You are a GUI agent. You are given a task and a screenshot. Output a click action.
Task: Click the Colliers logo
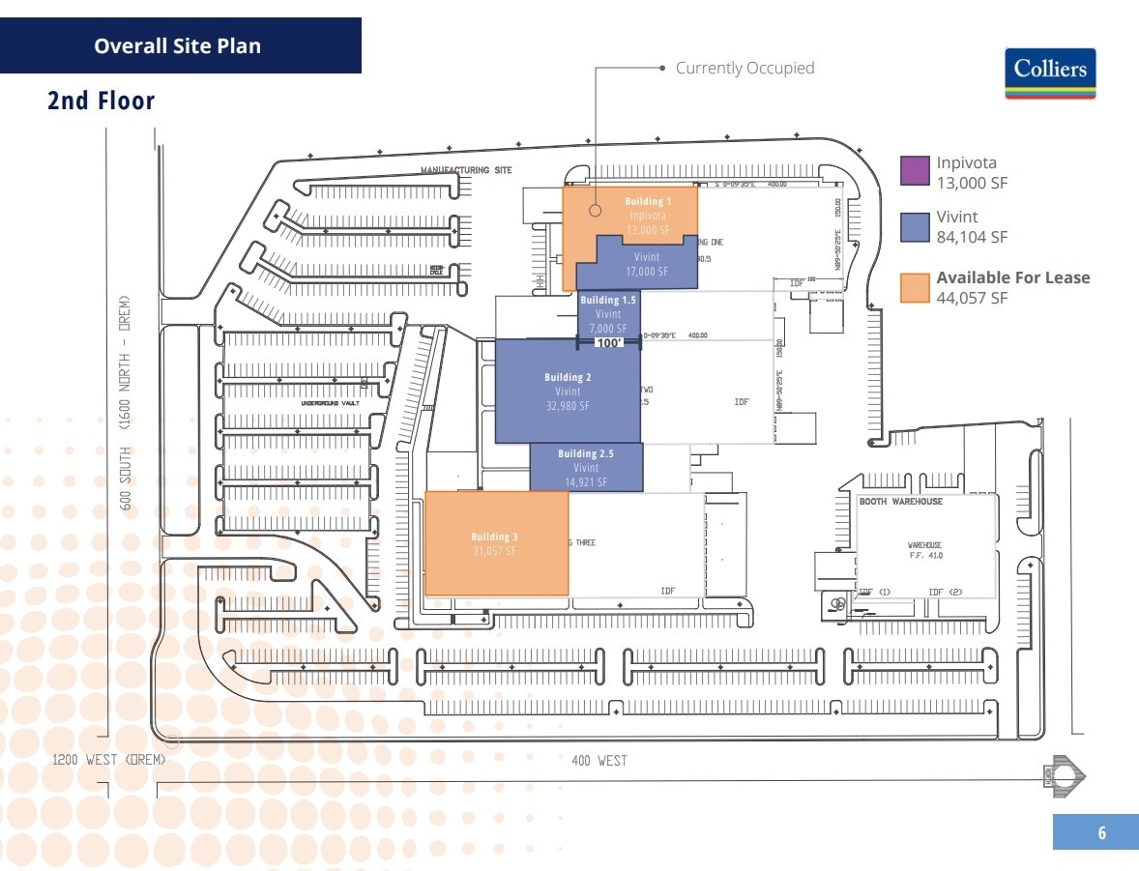pos(1050,73)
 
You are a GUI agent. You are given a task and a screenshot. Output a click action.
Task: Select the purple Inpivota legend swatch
pos(915,170)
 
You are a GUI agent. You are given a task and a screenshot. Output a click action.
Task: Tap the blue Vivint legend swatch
pos(915,226)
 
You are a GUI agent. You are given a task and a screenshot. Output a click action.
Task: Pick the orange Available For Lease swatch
pos(915,287)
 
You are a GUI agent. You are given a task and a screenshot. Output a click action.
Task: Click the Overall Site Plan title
pos(177,45)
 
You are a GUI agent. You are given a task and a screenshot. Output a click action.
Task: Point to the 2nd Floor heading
pos(102,101)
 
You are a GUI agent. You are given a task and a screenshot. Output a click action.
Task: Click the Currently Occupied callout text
pos(745,68)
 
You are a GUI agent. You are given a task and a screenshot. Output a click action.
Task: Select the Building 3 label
pos(495,537)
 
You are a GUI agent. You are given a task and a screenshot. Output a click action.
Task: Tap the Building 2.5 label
pos(586,453)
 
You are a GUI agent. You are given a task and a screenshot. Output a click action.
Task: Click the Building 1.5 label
pos(608,301)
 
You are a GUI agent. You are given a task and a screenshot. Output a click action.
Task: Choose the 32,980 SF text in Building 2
pos(568,406)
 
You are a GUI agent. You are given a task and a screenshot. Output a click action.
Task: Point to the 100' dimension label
pos(610,342)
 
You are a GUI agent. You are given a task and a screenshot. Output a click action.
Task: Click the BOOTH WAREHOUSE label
pos(900,502)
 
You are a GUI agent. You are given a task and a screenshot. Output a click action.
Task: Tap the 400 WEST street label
pos(599,761)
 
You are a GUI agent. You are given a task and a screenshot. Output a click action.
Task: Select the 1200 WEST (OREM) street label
pos(108,760)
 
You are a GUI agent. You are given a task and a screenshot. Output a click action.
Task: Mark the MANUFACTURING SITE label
pos(465,170)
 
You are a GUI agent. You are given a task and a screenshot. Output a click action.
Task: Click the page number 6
pos(1101,832)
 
